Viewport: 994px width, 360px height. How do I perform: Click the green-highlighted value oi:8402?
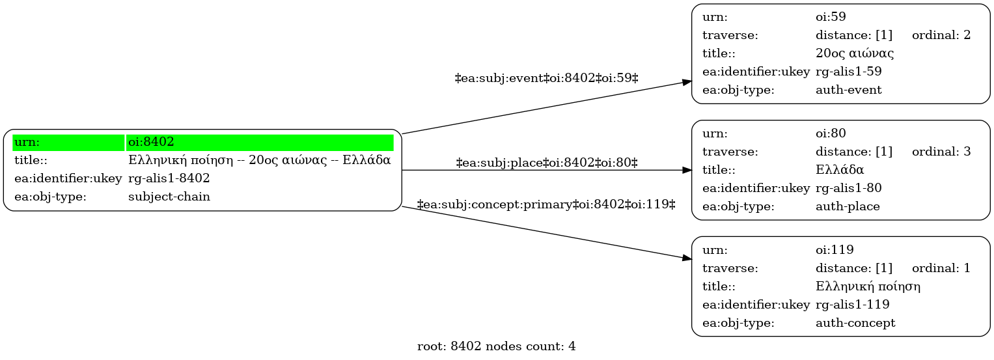151,142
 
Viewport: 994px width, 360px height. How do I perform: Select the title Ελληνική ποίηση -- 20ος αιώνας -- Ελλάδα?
260,160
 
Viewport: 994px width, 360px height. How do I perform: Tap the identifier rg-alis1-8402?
169,178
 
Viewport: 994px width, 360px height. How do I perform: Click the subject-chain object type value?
169,197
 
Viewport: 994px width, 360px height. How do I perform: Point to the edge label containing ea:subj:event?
547,78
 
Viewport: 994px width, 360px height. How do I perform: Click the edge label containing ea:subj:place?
547,163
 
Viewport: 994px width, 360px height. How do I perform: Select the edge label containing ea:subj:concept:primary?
546,204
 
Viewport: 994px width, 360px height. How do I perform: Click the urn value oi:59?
831,17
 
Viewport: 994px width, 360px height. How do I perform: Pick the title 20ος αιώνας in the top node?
855,53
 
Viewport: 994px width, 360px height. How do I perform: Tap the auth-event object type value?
848,90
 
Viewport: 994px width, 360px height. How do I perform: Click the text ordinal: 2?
941,35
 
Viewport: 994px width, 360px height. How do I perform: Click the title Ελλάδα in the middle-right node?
840,170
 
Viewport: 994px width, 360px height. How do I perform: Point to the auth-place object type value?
848,206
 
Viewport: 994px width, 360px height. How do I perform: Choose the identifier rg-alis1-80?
848,188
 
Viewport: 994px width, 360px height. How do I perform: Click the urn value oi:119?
835,250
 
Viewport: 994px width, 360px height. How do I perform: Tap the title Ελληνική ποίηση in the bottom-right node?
868,286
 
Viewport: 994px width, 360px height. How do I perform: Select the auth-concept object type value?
855,323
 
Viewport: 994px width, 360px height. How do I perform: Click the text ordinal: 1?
941,268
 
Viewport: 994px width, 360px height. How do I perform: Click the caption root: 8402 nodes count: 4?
496,346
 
